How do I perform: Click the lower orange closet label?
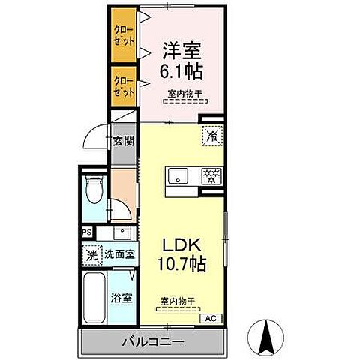click(x=124, y=85)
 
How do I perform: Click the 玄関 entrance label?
click(x=123, y=139)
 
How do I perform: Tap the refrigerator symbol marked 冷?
click(x=211, y=136)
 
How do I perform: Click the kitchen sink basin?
click(x=178, y=176)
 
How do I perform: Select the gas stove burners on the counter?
click(x=211, y=176)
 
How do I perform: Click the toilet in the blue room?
click(x=94, y=192)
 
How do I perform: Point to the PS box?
click(x=87, y=232)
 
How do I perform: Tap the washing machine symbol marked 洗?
click(x=91, y=254)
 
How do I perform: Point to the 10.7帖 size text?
click(x=181, y=265)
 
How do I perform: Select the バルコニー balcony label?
click(x=153, y=341)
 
